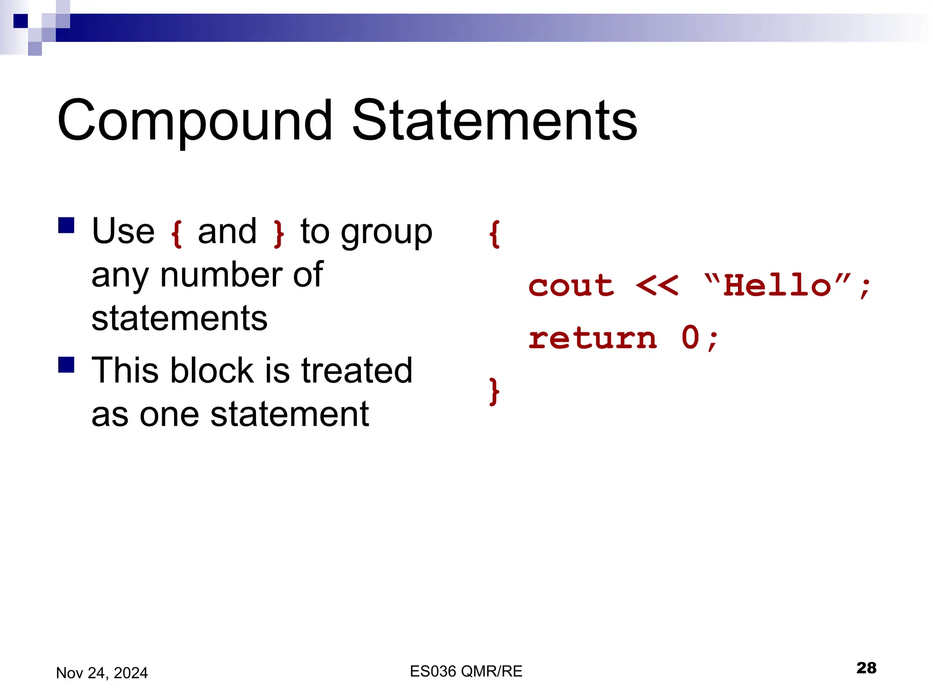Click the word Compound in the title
coord(195,121)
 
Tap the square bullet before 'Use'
coord(67,225)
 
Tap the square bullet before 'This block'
coord(67,365)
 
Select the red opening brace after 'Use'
coord(176,234)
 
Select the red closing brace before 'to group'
coord(278,234)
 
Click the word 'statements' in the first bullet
coord(179,318)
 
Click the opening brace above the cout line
coord(494,234)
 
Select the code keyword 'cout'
coord(571,286)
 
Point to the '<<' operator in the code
coord(656,286)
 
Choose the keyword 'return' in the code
coord(592,339)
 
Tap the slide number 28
coord(866,668)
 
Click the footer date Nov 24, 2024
coord(102,673)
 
